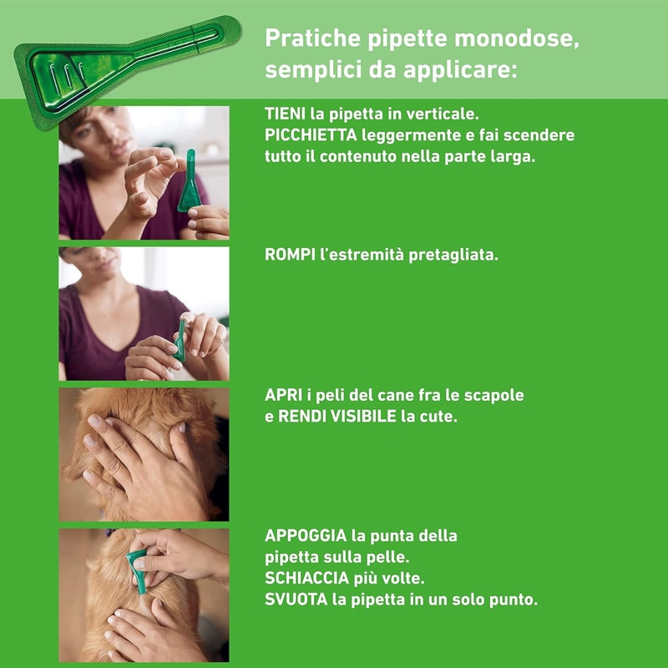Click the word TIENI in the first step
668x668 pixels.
click(x=285, y=114)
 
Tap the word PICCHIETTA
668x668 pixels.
click(x=311, y=135)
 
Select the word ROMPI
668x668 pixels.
click(x=290, y=255)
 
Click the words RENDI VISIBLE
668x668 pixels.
click(x=337, y=416)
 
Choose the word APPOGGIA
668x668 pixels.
click(x=306, y=535)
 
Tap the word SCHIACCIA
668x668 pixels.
click(x=306, y=578)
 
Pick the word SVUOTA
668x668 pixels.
click(x=296, y=600)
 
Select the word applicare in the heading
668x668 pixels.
click(x=460, y=70)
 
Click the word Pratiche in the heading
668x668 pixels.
click(x=312, y=38)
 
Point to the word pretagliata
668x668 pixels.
click(x=453, y=256)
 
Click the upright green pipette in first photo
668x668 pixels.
click(x=190, y=180)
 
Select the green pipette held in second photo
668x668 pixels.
click(x=180, y=341)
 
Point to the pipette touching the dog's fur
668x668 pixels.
click(x=138, y=571)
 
